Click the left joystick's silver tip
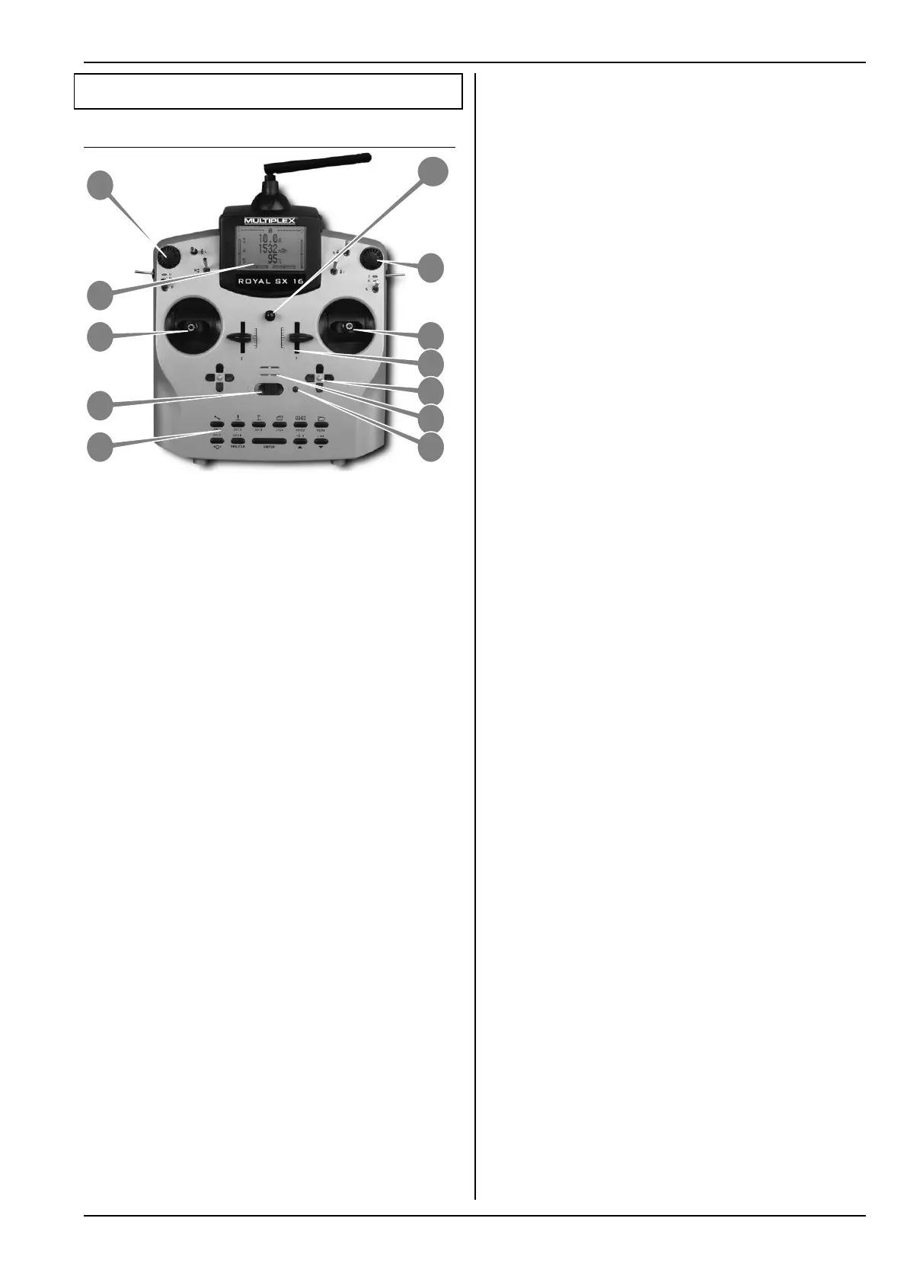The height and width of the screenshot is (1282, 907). pos(190,328)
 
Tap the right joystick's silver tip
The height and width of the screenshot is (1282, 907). pos(350,327)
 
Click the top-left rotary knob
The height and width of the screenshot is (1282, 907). pos(168,254)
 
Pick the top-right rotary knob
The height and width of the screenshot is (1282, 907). pos(371,257)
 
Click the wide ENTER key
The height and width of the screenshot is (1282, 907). pos(269,441)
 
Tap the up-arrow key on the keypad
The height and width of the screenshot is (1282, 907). pos(300,442)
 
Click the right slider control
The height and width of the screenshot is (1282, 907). pos(298,336)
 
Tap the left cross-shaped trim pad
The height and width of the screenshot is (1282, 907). pos(219,377)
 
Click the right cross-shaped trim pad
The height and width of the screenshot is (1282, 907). pos(320,377)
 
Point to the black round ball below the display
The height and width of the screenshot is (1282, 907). pos(270,315)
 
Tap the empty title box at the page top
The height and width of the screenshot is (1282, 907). pos(268,91)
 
